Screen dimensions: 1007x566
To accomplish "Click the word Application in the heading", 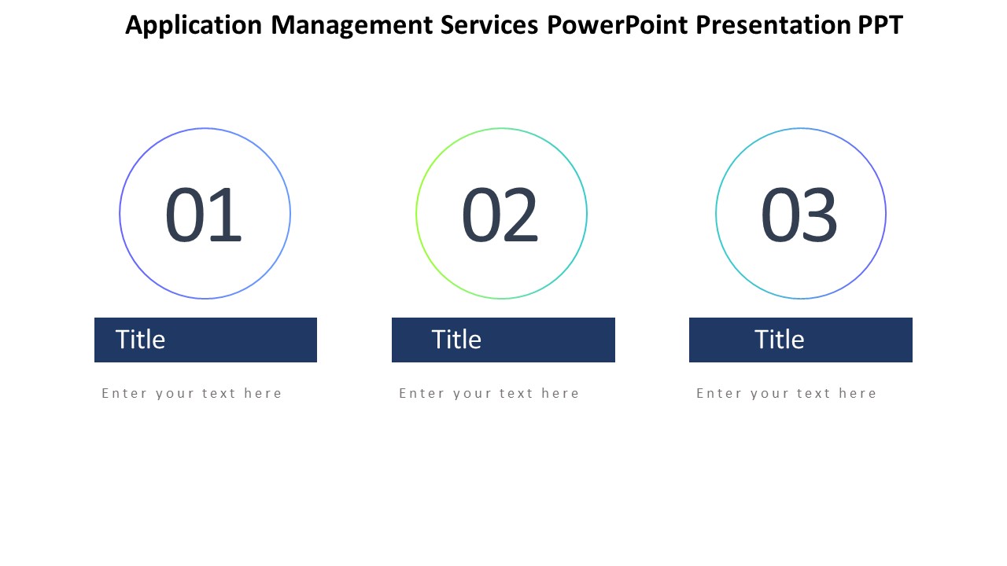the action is pyautogui.click(x=194, y=26).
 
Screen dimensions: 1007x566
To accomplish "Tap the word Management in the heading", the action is pyautogui.click(x=352, y=26).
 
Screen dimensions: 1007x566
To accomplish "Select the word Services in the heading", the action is pyautogui.click(x=489, y=24).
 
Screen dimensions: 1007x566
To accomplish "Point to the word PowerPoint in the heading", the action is pyautogui.click(x=617, y=24).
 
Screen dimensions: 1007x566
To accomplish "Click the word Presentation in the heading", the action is pyautogui.click(x=773, y=24).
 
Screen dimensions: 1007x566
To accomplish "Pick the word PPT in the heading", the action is pyautogui.click(x=880, y=24).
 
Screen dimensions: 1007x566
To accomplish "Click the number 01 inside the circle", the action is pyautogui.click(x=203, y=215).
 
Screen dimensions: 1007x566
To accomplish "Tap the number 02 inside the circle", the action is pyautogui.click(x=500, y=215).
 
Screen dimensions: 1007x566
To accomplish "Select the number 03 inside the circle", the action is pyautogui.click(x=799, y=215).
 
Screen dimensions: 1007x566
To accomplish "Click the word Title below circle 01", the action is pyautogui.click(x=140, y=339).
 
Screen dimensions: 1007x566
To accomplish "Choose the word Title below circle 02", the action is pyautogui.click(x=456, y=339).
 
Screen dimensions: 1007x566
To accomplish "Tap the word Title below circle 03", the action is pyautogui.click(x=779, y=339).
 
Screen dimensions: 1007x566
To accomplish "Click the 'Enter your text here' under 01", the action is pyautogui.click(x=191, y=394).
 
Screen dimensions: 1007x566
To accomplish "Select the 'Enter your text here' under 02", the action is pyautogui.click(x=489, y=394).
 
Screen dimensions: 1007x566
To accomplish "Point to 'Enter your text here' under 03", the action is pyautogui.click(x=786, y=394).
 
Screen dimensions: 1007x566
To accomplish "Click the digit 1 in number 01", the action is pyautogui.click(x=225, y=215).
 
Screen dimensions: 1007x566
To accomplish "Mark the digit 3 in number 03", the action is pyautogui.click(x=820, y=215).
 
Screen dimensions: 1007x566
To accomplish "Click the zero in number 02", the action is pyautogui.click(x=481, y=215).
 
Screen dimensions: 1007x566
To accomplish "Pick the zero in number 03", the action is pyautogui.click(x=780, y=215).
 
